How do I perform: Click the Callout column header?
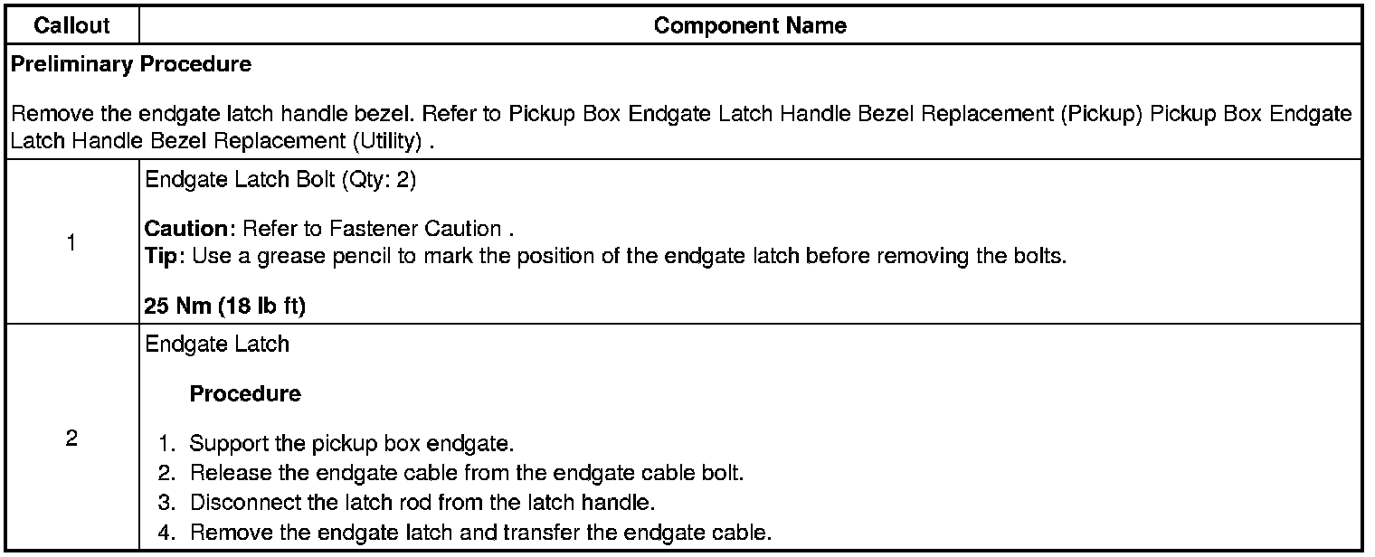click(71, 26)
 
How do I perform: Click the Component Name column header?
click(750, 26)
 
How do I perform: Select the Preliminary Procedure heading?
click(131, 64)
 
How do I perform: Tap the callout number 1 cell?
click(71, 242)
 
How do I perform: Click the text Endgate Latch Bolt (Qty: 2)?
click(280, 180)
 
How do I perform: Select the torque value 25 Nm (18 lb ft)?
click(225, 307)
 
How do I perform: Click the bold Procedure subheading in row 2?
click(245, 394)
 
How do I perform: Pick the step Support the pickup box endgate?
click(351, 445)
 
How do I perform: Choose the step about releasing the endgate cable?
click(466, 474)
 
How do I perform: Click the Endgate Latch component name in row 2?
click(217, 344)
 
